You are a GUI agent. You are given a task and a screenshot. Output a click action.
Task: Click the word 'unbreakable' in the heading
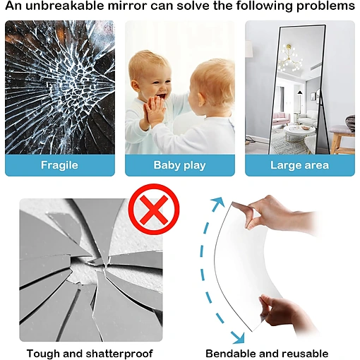[65, 6]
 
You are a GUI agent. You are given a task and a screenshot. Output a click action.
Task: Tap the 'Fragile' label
[59, 165]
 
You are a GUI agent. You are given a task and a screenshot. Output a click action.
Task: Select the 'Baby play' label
[180, 165]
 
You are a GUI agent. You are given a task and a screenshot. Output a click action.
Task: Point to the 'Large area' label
[299, 165]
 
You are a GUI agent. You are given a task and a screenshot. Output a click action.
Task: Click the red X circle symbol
[154, 210]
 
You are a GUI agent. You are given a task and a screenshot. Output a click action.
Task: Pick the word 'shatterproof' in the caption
[119, 354]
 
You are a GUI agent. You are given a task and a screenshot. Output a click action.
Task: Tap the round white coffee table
[299, 133]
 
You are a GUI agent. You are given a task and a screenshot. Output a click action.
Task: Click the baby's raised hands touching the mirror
[154, 111]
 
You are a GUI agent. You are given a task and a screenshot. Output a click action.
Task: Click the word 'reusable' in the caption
[305, 354]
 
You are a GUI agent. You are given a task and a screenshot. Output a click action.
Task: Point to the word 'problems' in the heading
[325, 6]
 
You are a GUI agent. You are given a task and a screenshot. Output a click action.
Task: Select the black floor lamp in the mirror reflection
[300, 104]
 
